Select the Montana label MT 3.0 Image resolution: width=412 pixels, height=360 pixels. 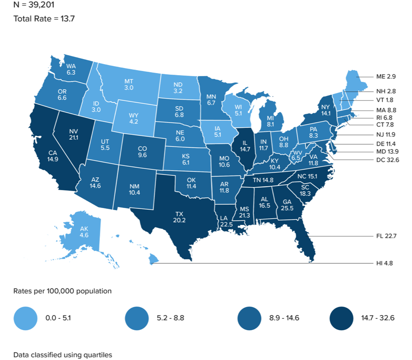tap(129, 84)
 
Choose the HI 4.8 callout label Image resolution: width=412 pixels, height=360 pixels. tap(385, 263)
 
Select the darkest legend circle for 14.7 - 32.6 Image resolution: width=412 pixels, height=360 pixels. tap(341, 318)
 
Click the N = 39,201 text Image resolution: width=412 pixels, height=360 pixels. tap(34, 6)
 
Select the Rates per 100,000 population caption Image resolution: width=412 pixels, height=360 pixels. tap(62, 291)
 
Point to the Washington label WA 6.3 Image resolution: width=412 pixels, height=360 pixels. tap(71, 69)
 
